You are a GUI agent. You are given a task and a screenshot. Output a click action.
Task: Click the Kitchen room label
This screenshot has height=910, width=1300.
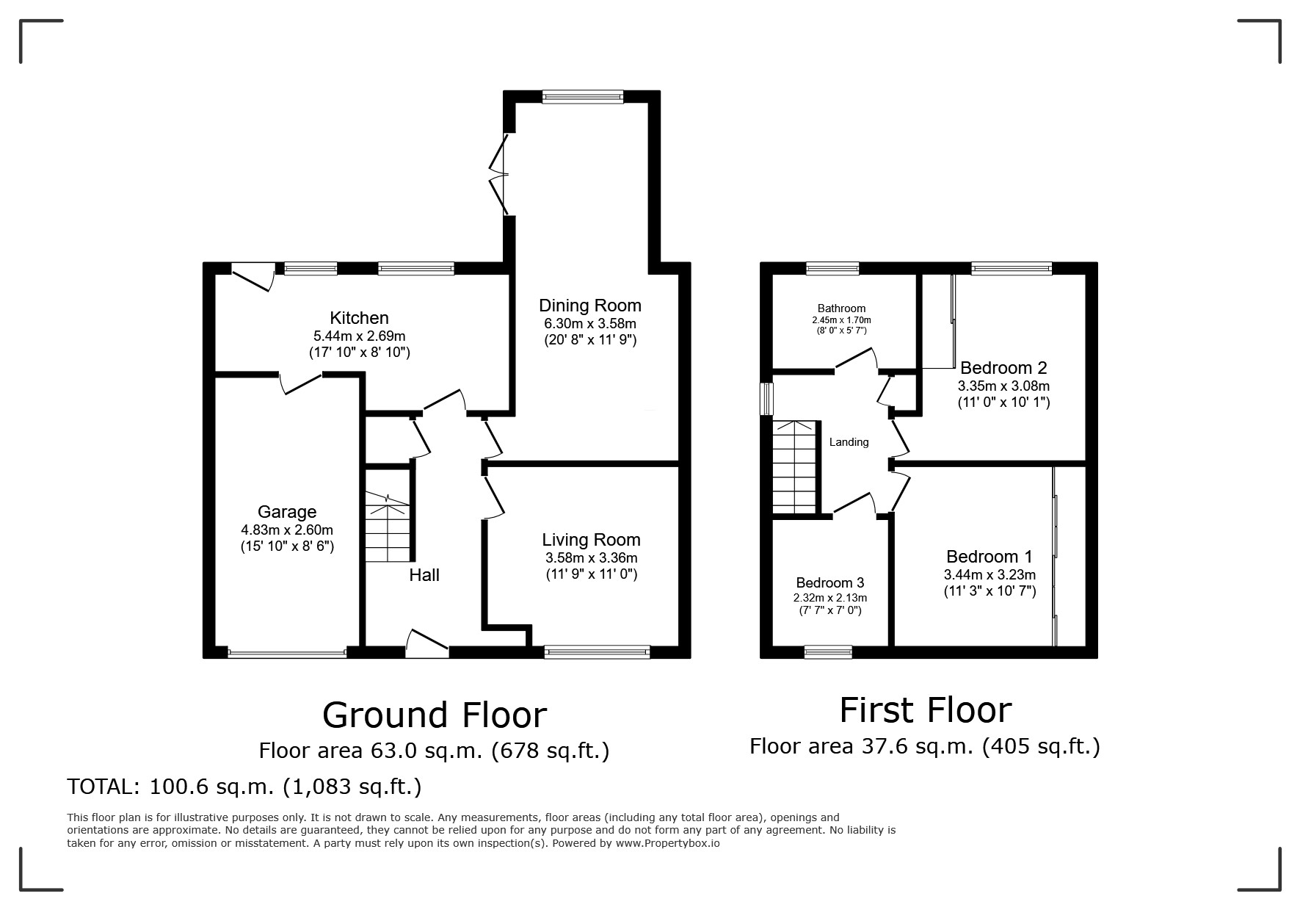(x=359, y=318)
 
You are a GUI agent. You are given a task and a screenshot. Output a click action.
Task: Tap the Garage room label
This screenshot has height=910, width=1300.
(x=287, y=512)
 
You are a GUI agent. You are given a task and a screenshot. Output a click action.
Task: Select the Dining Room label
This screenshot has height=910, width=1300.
(x=590, y=306)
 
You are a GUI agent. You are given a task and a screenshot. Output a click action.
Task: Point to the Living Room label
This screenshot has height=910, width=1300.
(x=591, y=540)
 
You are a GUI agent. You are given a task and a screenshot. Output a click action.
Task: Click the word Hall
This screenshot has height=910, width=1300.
(x=424, y=575)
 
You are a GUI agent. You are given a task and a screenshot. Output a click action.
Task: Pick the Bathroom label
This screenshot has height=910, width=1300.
(x=841, y=308)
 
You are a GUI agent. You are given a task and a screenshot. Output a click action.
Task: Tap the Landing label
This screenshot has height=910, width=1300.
(x=849, y=442)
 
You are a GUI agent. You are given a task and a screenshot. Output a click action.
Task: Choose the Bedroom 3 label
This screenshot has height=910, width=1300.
(x=829, y=583)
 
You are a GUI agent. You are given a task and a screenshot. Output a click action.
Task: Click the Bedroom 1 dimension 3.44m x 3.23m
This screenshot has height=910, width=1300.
(x=989, y=574)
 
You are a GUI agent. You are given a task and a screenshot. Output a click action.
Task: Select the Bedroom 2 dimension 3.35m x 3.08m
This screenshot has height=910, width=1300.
(x=1003, y=386)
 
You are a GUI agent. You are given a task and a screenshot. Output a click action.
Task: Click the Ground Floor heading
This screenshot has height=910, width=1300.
(x=435, y=715)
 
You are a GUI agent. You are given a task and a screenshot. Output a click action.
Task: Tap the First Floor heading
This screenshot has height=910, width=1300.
(x=925, y=710)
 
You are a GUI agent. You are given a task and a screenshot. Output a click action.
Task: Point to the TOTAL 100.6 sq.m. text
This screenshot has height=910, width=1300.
(x=244, y=787)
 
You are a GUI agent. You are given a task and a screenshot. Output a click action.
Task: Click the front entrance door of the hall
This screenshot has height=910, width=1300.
(x=427, y=643)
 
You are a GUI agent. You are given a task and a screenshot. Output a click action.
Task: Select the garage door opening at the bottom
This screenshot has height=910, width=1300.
(x=287, y=652)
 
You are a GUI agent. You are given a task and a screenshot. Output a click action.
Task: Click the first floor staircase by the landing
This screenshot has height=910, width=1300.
(x=795, y=467)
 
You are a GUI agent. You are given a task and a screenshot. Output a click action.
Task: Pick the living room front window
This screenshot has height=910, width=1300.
(x=597, y=651)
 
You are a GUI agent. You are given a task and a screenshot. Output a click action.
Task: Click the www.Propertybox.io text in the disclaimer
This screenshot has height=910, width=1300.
(x=667, y=843)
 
